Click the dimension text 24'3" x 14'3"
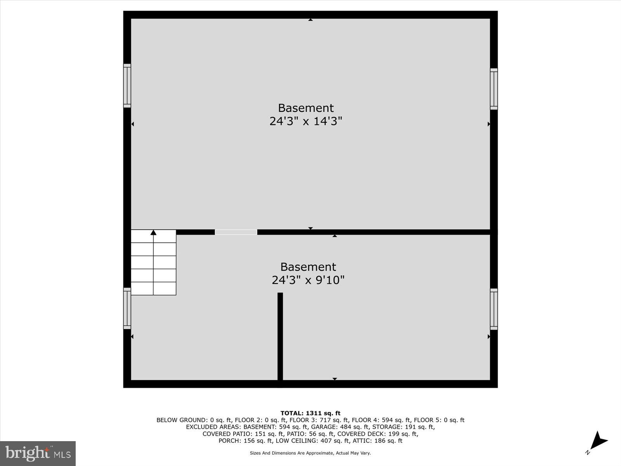pos(306,122)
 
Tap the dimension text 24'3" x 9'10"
pos(308,280)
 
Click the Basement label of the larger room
pos(306,108)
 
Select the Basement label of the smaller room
pos(308,267)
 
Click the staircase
pos(154,263)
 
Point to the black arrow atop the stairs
pos(153,232)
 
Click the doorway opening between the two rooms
pos(236,232)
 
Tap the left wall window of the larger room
pos(127,85)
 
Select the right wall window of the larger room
pos(494,89)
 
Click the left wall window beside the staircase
pos(127,308)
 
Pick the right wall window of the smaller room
pos(494,309)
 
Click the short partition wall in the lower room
pos(280,336)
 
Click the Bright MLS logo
pos(38,453)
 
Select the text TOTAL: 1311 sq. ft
pos(310,413)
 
